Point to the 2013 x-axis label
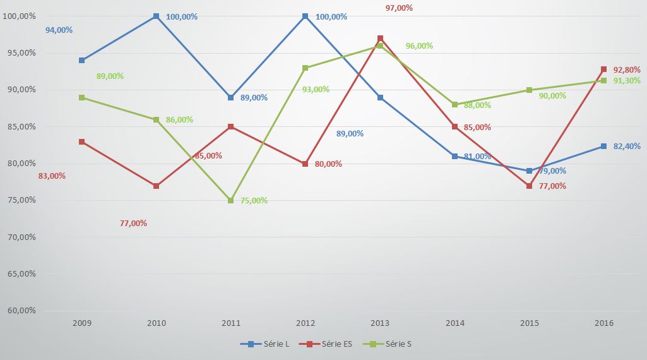click(x=380, y=323)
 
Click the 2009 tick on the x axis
click(x=81, y=323)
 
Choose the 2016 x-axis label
click(x=603, y=323)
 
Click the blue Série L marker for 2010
click(x=156, y=16)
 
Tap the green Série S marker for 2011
click(x=231, y=200)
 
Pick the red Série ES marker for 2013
click(x=380, y=38)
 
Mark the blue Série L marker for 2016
click(x=603, y=146)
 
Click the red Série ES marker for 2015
click(x=529, y=186)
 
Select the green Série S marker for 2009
click(x=81, y=97)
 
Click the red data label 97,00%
click(x=399, y=8)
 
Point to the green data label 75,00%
click(x=254, y=201)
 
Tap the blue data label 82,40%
click(x=627, y=147)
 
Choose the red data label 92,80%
click(x=627, y=69)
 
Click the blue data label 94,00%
click(x=59, y=30)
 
